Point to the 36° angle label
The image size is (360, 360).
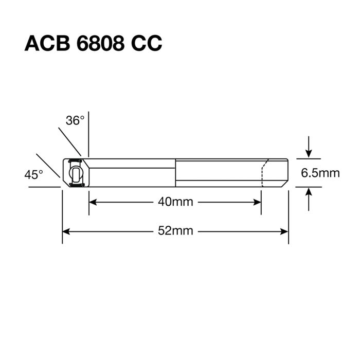pyautogui.click(x=74, y=121)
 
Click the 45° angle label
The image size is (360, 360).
pyautogui.click(x=34, y=175)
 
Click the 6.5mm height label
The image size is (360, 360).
pyautogui.click(x=320, y=173)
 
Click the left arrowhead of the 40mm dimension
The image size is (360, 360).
pyautogui.click(x=93, y=202)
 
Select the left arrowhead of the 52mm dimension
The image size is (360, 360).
pyautogui.click(x=66, y=231)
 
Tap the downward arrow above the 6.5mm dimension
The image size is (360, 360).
pyautogui.click(x=308, y=153)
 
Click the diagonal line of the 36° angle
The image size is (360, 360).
pyautogui.click(x=69, y=139)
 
